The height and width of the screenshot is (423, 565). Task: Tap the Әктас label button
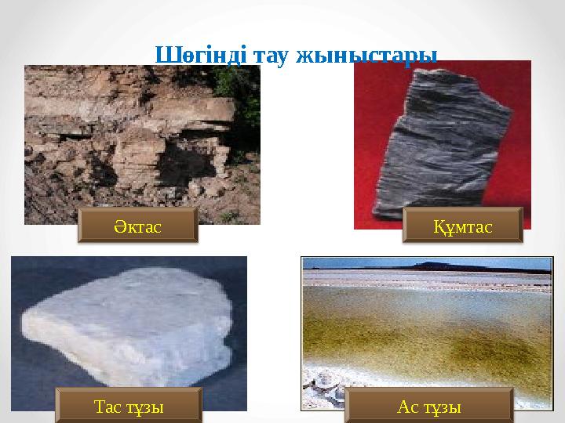pyautogui.click(x=137, y=227)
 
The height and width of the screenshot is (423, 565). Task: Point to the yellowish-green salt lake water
pyautogui.click(x=424, y=329)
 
